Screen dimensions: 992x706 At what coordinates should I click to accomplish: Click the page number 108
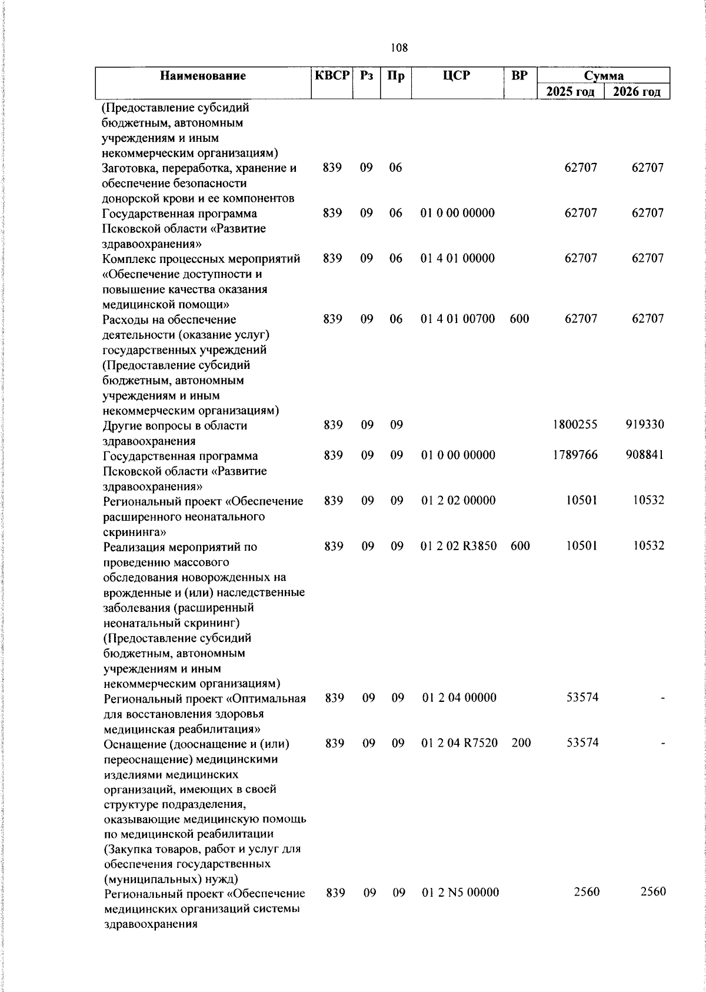[399, 48]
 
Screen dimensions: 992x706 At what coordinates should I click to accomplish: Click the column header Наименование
[203, 76]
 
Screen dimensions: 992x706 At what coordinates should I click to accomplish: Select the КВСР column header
[332, 75]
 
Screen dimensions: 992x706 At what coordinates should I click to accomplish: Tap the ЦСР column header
[457, 75]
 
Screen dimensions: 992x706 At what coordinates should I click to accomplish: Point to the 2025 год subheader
[570, 92]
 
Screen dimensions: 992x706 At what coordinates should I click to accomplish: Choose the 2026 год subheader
[637, 92]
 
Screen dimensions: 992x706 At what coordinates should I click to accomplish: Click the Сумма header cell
[604, 75]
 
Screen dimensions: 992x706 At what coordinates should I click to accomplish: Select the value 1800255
[575, 424]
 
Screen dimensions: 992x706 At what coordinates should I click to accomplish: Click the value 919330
[645, 424]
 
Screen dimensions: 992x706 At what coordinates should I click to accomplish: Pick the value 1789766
[575, 455]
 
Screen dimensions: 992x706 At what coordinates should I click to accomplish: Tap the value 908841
[645, 455]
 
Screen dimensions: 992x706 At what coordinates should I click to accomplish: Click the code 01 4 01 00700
[458, 319]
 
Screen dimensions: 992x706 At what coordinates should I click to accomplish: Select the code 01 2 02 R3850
[459, 546]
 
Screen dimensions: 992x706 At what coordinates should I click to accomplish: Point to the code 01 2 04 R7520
[460, 743]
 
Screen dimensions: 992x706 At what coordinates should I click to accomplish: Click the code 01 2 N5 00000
[461, 893]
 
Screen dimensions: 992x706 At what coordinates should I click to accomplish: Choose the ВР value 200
[521, 743]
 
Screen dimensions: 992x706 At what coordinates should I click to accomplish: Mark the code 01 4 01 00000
[458, 258]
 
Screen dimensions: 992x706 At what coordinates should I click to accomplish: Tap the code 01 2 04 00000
[459, 698]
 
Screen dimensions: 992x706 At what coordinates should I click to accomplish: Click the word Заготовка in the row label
[128, 168]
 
